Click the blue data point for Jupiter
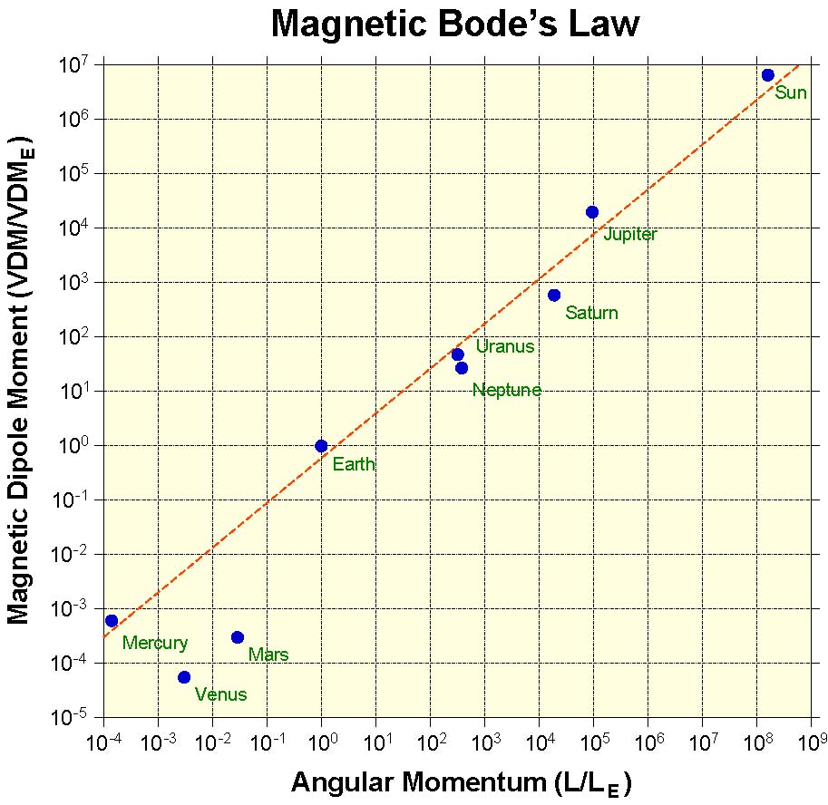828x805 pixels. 592,212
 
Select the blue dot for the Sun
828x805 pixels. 768,75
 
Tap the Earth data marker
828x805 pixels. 321,446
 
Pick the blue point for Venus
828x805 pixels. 184,677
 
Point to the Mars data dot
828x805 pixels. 238,637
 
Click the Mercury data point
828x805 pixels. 112,621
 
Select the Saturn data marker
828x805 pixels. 554,296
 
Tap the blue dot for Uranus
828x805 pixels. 458,354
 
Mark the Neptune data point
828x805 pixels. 462,368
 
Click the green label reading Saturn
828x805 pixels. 591,314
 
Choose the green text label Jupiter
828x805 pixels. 630,236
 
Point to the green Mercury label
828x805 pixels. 155,645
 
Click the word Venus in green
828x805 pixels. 220,695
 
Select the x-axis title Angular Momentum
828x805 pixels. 415,781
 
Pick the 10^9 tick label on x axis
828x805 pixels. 809,743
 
